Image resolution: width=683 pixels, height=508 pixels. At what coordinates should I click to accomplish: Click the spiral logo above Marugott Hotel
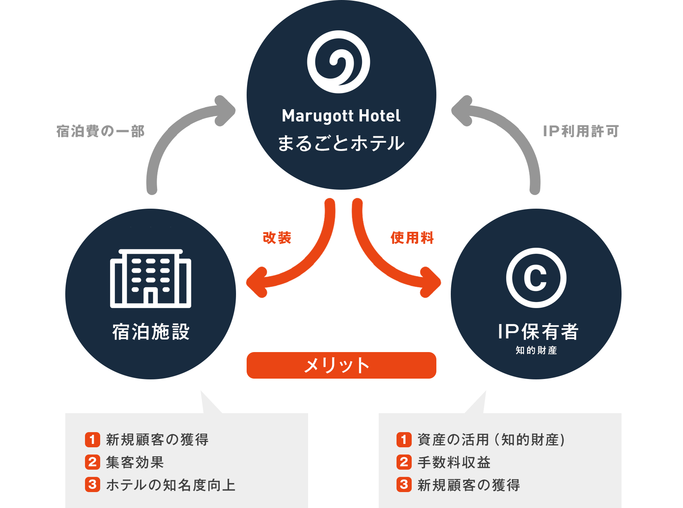pyautogui.click(x=338, y=62)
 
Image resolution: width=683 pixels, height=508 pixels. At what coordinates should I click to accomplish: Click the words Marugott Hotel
pyautogui.click(x=341, y=116)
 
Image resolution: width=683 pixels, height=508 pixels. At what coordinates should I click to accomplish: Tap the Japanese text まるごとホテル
pyautogui.click(x=341, y=143)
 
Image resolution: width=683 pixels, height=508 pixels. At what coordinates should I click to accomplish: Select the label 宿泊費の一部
pyautogui.click(x=100, y=131)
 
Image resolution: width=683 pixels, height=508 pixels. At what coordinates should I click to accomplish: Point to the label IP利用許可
pyautogui.click(x=581, y=131)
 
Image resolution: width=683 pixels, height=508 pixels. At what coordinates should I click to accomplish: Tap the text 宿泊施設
pyautogui.click(x=151, y=332)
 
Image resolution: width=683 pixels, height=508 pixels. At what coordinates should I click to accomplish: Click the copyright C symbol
pyautogui.click(x=536, y=278)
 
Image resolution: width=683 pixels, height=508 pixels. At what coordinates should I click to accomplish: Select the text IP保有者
pyautogui.click(x=538, y=332)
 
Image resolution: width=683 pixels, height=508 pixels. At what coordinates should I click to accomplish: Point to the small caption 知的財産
pyautogui.click(x=536, y=350)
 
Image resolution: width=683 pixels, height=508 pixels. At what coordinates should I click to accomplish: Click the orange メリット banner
pyautogui.click(x=341, y=365)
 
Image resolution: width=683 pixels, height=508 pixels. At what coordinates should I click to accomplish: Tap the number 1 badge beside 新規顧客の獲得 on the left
pyautogui.click(x=92, y=440)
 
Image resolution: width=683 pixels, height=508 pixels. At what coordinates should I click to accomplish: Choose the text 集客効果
pyautogui.click(x=135, y=462)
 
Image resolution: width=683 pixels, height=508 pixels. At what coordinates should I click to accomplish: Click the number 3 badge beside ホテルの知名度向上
pyautogui.click(x=92, y=485)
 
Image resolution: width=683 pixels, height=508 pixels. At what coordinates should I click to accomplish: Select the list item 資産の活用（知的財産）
pyautogui.click(x=491, y=440)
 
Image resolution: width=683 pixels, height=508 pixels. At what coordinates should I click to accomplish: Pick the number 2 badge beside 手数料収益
pyautogui.click(x=404, y=462)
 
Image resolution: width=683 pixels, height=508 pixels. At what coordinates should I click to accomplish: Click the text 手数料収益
pyautogui.click(x=454, y=462)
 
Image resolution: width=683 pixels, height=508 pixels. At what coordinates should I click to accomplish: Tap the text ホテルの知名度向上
pyautogui.click(x=171, y=485)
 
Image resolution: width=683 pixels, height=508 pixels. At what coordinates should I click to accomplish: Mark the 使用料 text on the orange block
pyautogui.click(x=412, y=237)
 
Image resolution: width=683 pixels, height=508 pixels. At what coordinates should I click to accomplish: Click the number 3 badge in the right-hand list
pyautogui.click(x=404, y=485)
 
